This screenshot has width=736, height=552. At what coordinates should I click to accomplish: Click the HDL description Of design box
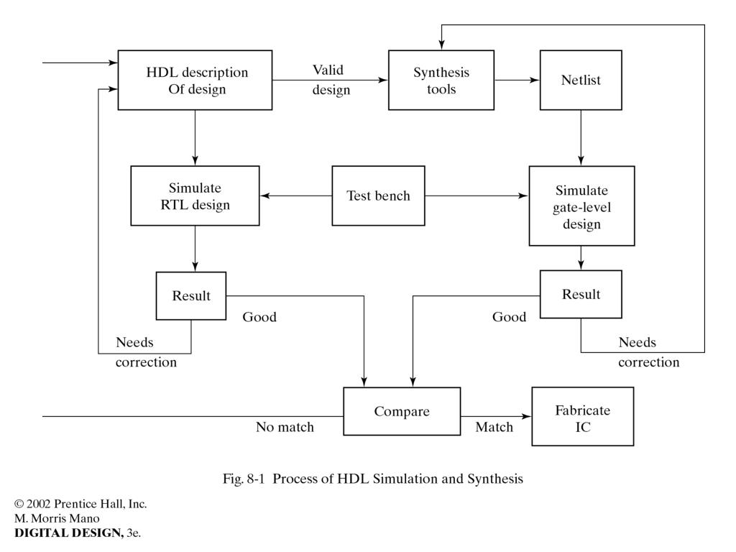tap(195, 80)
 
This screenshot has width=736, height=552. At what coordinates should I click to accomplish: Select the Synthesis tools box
tap(441, 80)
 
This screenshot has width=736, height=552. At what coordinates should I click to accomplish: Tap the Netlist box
tap(581, 80)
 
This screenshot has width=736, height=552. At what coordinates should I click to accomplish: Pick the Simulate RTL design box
tap(195, 195)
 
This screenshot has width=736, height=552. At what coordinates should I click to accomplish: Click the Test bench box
tap(378, 195)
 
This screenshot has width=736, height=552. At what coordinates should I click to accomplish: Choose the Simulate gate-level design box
tap(581, 206)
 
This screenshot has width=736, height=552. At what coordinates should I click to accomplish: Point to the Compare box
tap(402, 411)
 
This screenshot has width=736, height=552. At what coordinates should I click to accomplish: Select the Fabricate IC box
tap(582, 416)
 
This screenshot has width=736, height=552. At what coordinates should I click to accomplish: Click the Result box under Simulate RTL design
tap(191, 295)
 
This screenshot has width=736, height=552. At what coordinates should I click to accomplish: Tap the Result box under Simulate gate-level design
tap(581, 294)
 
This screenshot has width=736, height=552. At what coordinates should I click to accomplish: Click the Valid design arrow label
tap(331, 80)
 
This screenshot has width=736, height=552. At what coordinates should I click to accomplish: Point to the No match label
tap(285, 427)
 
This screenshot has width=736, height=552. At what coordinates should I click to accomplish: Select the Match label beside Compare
tap(494, 427)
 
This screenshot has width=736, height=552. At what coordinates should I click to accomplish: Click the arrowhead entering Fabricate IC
tap(527, 416)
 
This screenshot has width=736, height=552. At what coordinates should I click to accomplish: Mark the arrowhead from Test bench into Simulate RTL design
tap(264, 195)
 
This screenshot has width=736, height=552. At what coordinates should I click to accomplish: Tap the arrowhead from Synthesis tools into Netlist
tap(535, 80)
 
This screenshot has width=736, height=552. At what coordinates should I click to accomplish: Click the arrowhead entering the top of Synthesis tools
tap(441, 45)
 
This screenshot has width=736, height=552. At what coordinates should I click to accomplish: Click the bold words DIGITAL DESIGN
tap(69, 533)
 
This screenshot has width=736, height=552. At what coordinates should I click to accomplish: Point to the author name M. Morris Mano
tap(57, 518)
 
